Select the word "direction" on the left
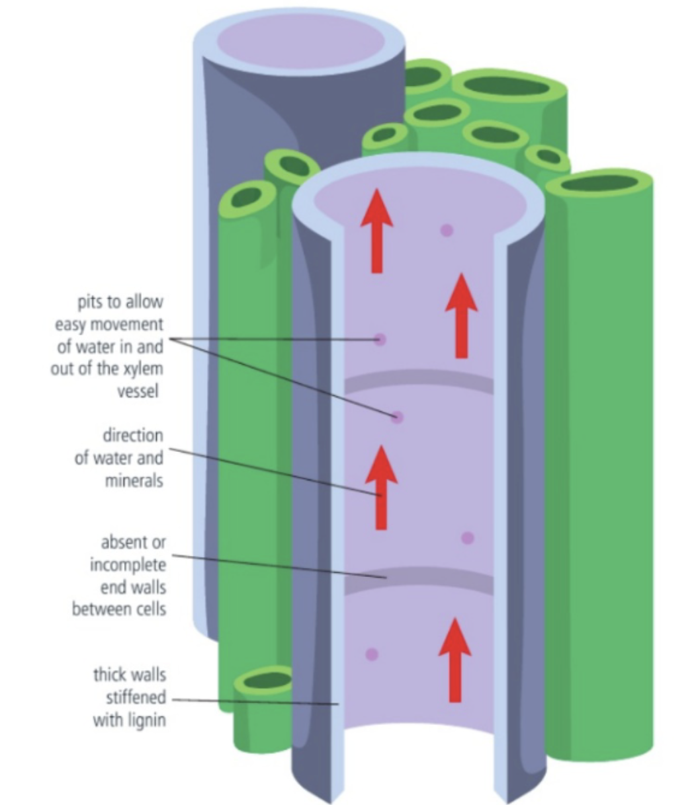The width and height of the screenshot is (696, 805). [x=132, y=436]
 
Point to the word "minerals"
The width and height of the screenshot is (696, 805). [x=134, y=480]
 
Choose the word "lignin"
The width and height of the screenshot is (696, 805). [x=141, y=719]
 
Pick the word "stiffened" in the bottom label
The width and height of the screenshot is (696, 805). [x=136, y=698]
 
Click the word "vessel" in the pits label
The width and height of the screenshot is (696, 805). [x=138, y=391]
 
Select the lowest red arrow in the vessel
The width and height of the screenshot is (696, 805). [x=455, y=661]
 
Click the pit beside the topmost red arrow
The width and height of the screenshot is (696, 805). [x=447, y=230]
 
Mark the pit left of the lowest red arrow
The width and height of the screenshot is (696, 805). [x=372, y=654]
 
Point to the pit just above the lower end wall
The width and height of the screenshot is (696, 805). [x=468, y=538]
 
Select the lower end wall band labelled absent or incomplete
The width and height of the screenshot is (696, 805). [x=419, y=580]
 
